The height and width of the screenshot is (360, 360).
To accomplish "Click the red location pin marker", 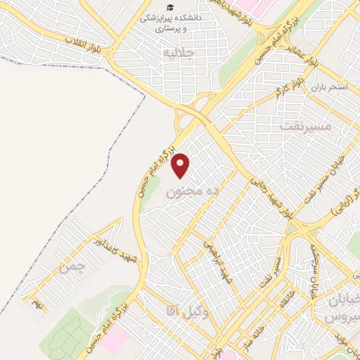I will coord(181,165).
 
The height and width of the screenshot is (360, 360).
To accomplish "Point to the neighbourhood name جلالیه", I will coord(177,52).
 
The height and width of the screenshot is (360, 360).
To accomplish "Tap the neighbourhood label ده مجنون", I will coord(185,191).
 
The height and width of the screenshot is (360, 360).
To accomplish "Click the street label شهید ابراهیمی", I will coord(216,261).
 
